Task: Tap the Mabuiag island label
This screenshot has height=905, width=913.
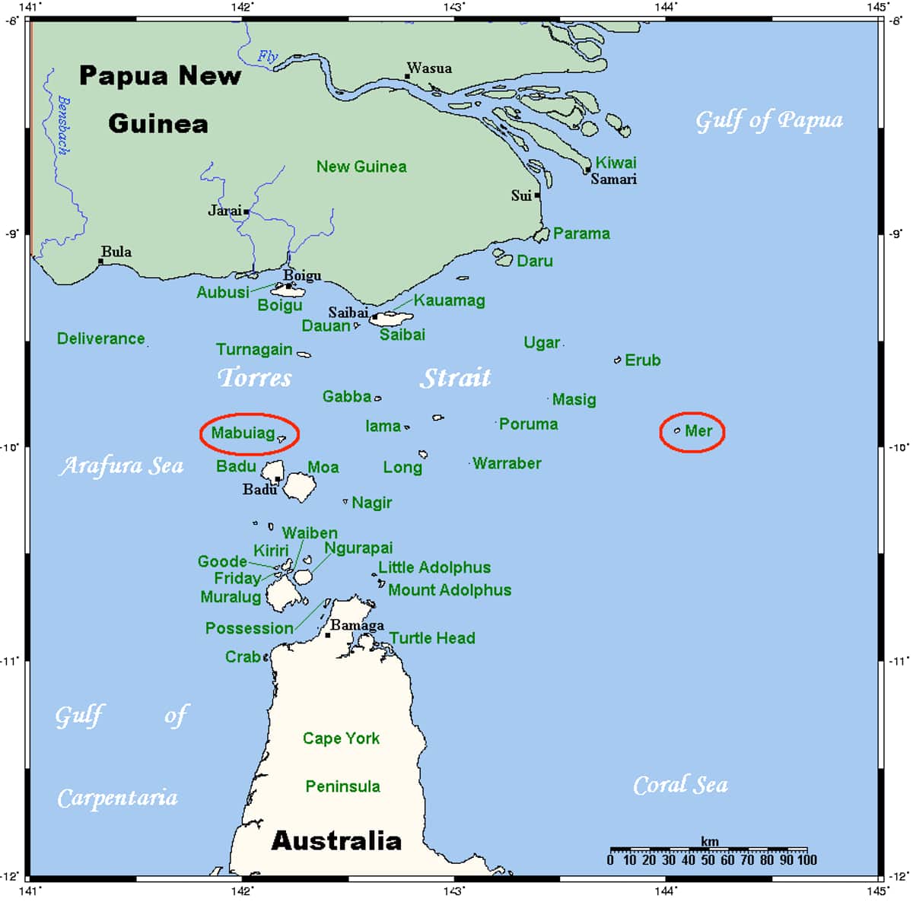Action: click(x=243, y=433)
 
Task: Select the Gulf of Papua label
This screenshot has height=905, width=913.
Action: click(x=769, y=120)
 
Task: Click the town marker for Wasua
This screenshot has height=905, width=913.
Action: click(x=408, y=76)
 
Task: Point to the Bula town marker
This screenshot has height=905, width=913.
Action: click(x=100, y=261)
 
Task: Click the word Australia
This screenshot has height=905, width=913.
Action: click(x=336, y=840)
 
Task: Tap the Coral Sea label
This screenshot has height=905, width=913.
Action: click(x=680, y=785)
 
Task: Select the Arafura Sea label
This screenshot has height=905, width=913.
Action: click(x=121, y=465)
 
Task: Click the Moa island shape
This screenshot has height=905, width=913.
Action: click(x=300, y=486)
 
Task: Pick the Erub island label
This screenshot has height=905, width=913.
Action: click(x=642, y=360)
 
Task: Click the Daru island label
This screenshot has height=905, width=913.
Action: click(x=534, y=261)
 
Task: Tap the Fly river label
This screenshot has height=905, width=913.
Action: click(x=267, y=56)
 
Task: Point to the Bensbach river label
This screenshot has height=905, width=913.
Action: click(x=64, y=125)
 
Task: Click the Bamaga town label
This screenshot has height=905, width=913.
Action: click(x=357, y=625)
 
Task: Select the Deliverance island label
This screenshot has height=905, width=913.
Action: click(x=100, y=338)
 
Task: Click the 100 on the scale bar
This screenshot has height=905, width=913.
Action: click(x=806, y=860)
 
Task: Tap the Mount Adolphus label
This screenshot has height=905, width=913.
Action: click(x=449, y=590)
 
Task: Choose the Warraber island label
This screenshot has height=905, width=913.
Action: click(x=507, y=463)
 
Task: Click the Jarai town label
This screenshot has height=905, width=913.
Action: click(x=225, y=210)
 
